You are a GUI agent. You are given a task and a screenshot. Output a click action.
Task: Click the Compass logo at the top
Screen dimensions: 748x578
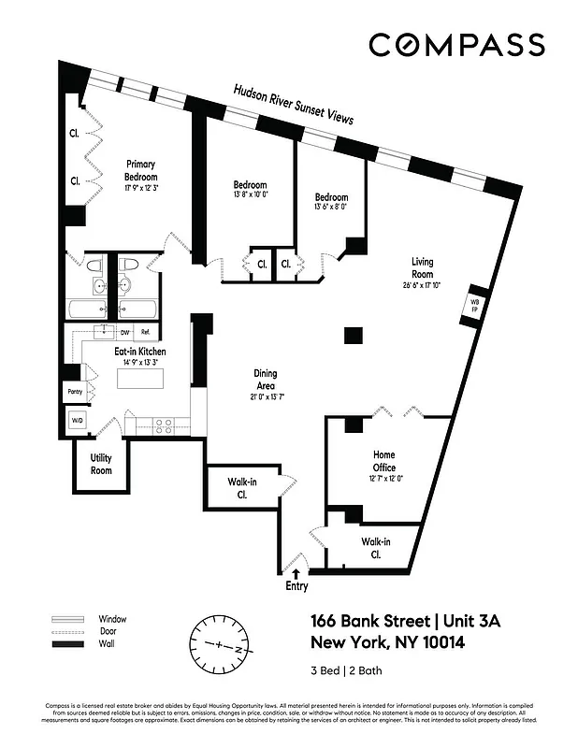pyautogui.click(x=455, y=45)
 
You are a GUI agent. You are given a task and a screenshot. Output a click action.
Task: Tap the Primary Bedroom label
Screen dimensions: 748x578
pyautogui.click(x=141, y=170)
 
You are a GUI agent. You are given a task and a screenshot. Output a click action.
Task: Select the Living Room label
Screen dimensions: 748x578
pyautogui.click(x=424, y=268)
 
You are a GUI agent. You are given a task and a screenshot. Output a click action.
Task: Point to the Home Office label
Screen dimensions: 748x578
pyautogui.click(x=383, y=462)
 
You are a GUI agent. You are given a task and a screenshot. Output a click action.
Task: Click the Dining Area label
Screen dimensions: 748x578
pyautogui.click(x=266, y=379)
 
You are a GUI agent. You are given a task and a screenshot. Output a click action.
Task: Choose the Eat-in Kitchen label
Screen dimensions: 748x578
pyautogui.click(x=140, y=352)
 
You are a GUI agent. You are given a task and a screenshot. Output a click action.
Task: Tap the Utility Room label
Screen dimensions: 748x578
pyautogui.click(x=101, y=464)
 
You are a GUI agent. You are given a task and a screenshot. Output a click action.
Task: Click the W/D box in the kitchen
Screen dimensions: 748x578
pyautogui.click(x=75, y=421)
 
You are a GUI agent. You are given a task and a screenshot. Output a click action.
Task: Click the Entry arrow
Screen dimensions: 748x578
pyautogui.click(x=297, y=573)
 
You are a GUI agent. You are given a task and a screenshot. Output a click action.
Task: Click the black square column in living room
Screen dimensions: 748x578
pyautogui.click(x=353, y=335)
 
